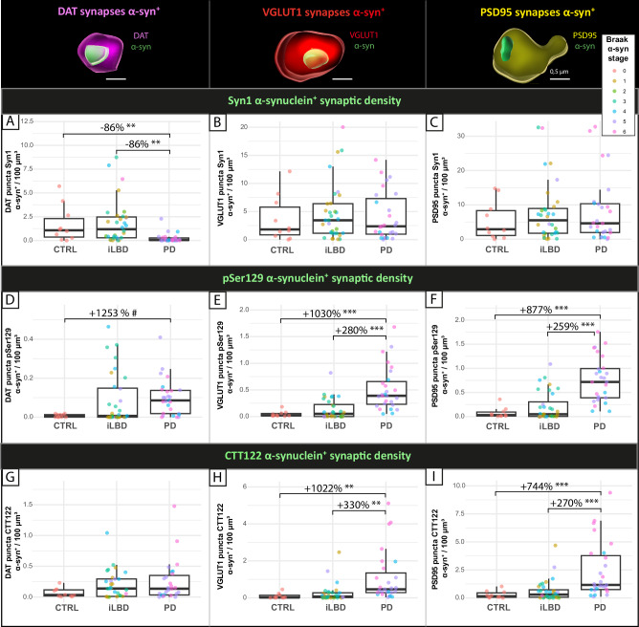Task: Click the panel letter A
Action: click(x=11, y=123)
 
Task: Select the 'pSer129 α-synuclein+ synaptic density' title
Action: click(x=319, y=277)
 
